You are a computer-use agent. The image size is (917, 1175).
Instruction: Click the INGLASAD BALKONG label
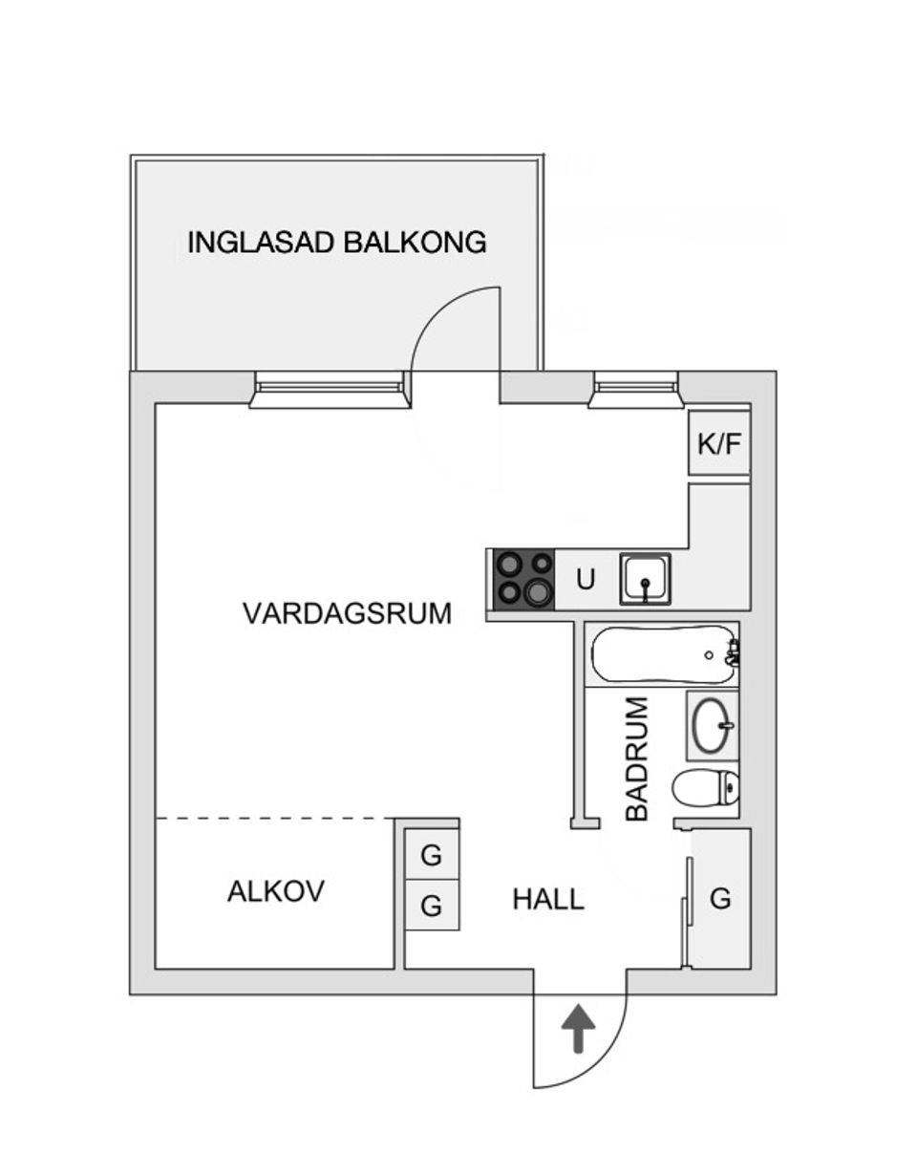[x=336, y=242]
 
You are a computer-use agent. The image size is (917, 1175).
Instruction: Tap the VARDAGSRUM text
[x=347, y=612]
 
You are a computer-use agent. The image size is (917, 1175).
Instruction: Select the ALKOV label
[x=275, y=891]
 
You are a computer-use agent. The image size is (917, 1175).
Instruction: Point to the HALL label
[x=547, y=899]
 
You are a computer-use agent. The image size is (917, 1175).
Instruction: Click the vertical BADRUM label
[x=636, y=759]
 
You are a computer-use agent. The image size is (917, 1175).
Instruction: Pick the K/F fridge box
[x=719, y=443]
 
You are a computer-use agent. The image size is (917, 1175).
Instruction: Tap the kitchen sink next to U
[x=645, y=579]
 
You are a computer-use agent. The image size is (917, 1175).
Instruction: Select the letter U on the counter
[x=586, y=580]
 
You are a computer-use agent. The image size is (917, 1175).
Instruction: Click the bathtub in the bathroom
[x=662, y=654]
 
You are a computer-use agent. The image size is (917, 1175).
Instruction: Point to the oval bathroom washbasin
[x=712, y=726]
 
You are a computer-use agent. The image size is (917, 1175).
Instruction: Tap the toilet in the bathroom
[x=706, y=788]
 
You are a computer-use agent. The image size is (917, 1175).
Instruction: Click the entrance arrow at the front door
[x=577, y=1030]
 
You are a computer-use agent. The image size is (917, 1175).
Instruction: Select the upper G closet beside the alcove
[x=432, y=856]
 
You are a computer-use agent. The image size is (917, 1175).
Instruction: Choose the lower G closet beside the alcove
[x=432, y=905]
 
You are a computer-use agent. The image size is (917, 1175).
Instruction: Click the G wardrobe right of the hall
[x=720, y=899]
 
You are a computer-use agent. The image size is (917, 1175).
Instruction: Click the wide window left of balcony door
[x=329, y=388]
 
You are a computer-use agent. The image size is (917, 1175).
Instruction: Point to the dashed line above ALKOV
[x=275, y=819]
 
